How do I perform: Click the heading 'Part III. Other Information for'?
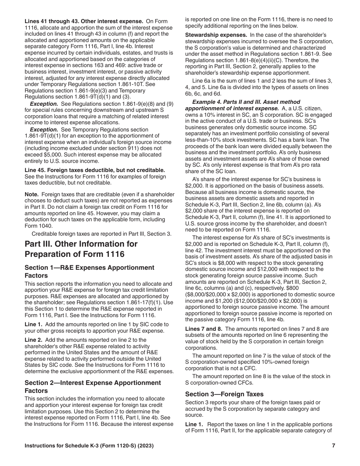click(81, 244)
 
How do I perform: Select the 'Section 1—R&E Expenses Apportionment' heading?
click(89, 267)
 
